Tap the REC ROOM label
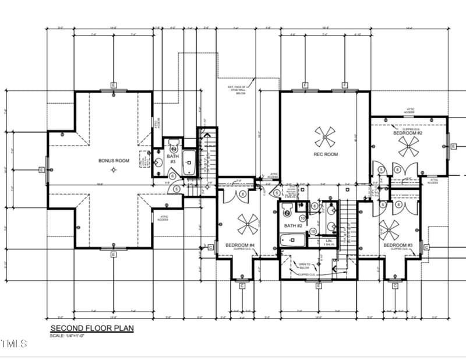[x=325, y=154]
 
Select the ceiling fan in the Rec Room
[x=325, y=137]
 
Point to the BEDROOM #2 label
[x=407, y=133]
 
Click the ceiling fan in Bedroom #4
[x=248, y=224]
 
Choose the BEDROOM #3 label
[x=398, y=245]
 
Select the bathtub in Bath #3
[x=189, y=163]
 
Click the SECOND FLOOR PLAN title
[x=91, y=329]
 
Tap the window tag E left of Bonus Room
[x=41, y=170]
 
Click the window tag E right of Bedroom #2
[x=453, y=146]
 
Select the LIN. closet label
[x=329, y=240]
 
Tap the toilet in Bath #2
[x=287, y=210]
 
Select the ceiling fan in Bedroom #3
[x=389, y=229]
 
